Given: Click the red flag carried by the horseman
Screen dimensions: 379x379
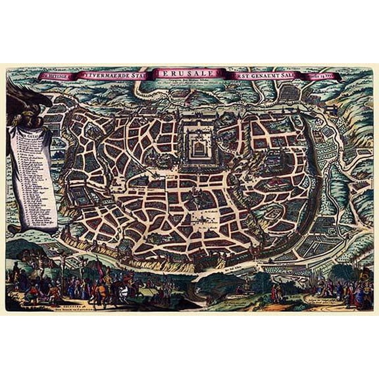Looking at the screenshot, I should click(x=99, y=266).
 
